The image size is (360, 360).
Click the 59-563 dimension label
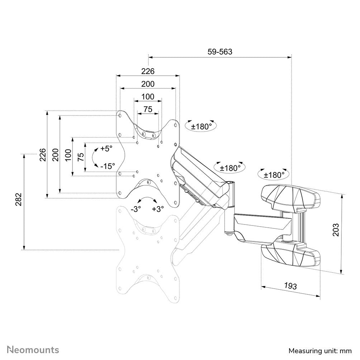coord(220,52)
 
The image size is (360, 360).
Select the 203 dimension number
coord(336,230)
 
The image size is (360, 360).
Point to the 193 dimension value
coord(290,286)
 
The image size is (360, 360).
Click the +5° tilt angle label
coord(106,148)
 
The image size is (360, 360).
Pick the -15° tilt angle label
coord(108,166)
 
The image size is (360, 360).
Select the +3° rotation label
coord(157,209)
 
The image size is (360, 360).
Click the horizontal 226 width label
coord(147,71)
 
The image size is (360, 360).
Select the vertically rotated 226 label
coord(43,155)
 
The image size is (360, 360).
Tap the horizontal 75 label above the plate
coord(148,109)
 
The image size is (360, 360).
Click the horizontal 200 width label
coord(147,84)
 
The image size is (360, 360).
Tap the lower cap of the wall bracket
coord(290,254)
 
